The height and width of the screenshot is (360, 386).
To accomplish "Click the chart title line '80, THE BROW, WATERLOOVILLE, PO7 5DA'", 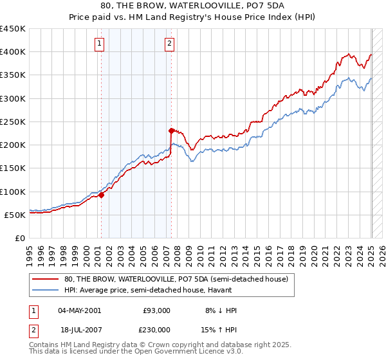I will click(192, 6).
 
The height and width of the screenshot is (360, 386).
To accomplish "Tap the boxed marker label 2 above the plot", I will click(169, 44).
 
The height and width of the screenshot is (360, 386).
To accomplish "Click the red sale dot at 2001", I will click(101, 195).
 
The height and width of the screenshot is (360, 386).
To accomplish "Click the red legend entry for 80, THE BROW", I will click(179, 278).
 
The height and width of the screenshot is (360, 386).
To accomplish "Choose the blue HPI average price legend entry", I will click(151, 290).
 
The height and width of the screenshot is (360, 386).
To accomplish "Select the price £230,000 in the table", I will click(156, 328).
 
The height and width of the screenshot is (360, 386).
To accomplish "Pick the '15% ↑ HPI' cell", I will click(219, 328).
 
